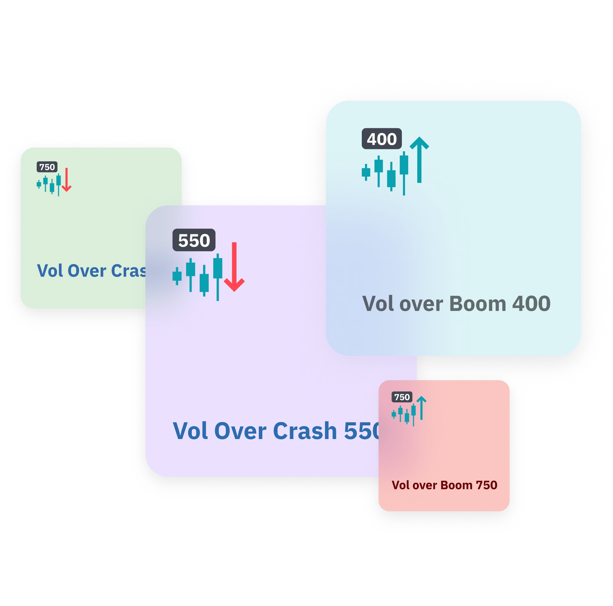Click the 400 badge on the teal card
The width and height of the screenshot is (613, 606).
(x=382, y=139)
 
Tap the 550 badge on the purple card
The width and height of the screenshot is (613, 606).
(x=194, y=240)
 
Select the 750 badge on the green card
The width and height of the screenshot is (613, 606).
(x=47, y=167)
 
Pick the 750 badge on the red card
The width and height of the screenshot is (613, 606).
(x=402, y=397)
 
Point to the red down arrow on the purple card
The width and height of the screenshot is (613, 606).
(x=234, y=267)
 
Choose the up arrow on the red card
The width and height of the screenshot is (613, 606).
(x=421, y=408)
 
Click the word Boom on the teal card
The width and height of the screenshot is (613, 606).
(x=478, y=304)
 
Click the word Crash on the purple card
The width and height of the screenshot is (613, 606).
(x=305, y=431)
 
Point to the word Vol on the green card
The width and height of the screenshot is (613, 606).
(x=50, y=271)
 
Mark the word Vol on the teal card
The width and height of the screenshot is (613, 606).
(x=378, y=304)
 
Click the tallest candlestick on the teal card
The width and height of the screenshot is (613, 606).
(x=404, y=173)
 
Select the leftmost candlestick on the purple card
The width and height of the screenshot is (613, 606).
(x=177, y=276)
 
